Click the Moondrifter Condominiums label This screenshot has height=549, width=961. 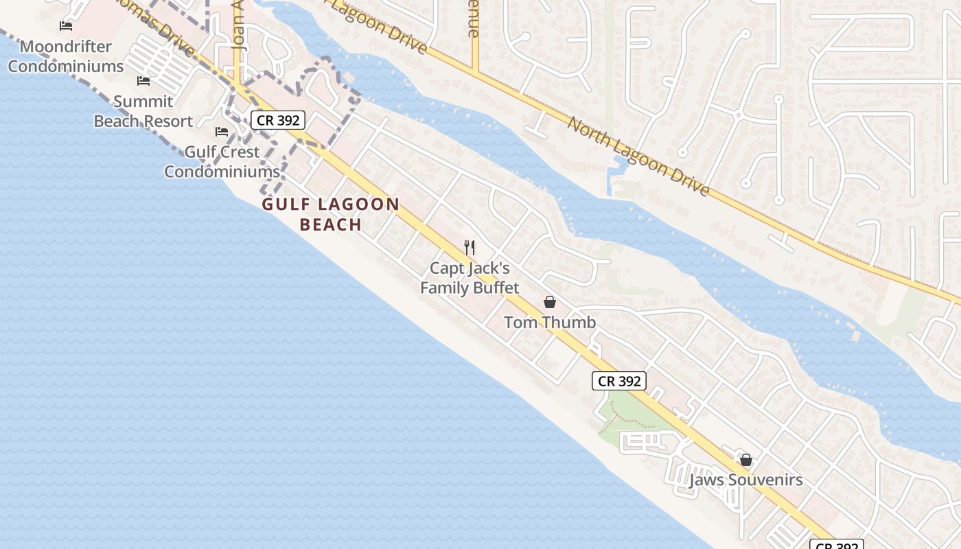[66, 57]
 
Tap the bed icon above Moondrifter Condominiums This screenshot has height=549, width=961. [66, 26]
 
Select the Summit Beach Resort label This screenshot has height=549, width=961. [143, 112]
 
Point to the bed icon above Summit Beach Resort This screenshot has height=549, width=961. [143, 81]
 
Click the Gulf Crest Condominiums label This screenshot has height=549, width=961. [222, 162]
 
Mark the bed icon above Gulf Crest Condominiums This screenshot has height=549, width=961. [222, 131]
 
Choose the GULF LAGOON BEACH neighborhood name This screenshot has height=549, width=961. [330, 214]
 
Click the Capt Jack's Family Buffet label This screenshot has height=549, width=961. [470, 278]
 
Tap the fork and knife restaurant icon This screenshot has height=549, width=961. [470, 247]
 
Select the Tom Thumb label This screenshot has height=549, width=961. [550, 322]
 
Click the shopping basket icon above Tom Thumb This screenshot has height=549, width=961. [550, 302]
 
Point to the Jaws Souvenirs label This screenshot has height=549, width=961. [745, 480]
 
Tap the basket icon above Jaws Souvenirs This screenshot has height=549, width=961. [746, 460]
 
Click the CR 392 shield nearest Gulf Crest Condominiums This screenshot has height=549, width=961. [277, 120]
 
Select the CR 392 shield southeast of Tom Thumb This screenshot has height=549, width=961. [619, 381]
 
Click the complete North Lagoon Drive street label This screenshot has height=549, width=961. [638, 155]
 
